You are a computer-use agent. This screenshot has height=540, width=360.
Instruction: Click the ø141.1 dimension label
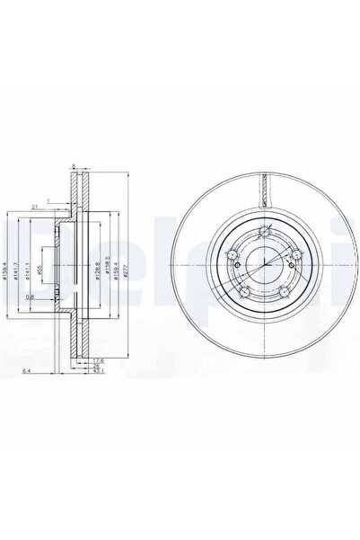point(28,268)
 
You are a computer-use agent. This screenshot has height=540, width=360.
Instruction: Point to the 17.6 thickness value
point(97,361)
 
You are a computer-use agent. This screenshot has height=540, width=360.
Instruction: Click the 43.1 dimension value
point(97,374)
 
